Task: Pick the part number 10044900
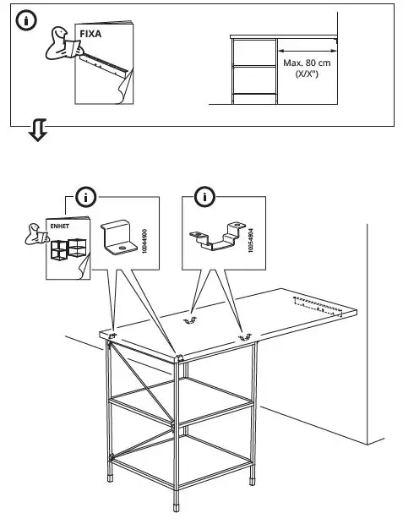coord(145,240)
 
